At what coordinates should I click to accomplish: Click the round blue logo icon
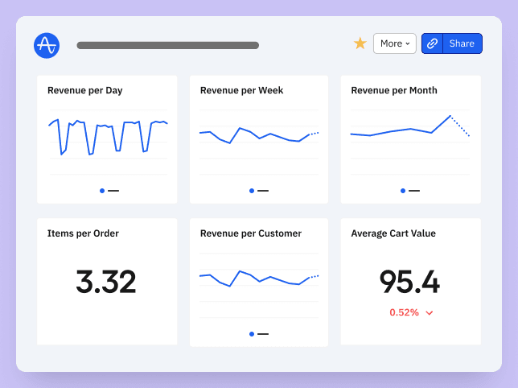47,45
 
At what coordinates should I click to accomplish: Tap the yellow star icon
360,43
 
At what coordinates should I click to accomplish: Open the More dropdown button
394,43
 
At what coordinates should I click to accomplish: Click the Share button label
462,43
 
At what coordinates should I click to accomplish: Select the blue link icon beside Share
433,43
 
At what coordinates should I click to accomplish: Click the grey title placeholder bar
167,45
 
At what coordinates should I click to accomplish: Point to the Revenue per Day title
84,90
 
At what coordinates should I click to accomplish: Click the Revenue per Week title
241,90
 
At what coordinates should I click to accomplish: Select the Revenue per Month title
394,90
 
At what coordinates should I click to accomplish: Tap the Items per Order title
83,233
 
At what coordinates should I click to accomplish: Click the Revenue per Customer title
251,233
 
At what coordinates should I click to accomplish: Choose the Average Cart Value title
393,233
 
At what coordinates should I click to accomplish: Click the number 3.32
106,282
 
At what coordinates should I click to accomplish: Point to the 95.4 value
409,282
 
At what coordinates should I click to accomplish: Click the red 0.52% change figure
404,312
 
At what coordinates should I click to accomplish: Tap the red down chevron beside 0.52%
430,312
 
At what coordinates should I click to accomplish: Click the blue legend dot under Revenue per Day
102,191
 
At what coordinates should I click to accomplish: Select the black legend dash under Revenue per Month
414,191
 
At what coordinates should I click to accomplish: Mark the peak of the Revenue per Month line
450,115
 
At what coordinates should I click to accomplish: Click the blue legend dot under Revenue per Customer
252,333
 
